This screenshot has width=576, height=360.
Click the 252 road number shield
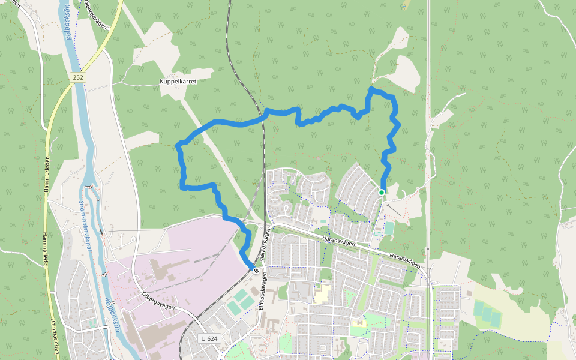click(x=78, y=77)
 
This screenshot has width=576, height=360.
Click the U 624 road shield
click(x=209, y=338)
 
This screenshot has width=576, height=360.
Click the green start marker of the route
click(x=381, y=192)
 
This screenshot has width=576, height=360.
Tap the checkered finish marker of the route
click(x=256, y=271)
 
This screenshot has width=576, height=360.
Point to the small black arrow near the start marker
click(x=394, y=210)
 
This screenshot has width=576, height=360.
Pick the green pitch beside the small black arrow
click(x=389, y=229)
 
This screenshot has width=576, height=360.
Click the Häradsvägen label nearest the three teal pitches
click(x=406, y=259)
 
